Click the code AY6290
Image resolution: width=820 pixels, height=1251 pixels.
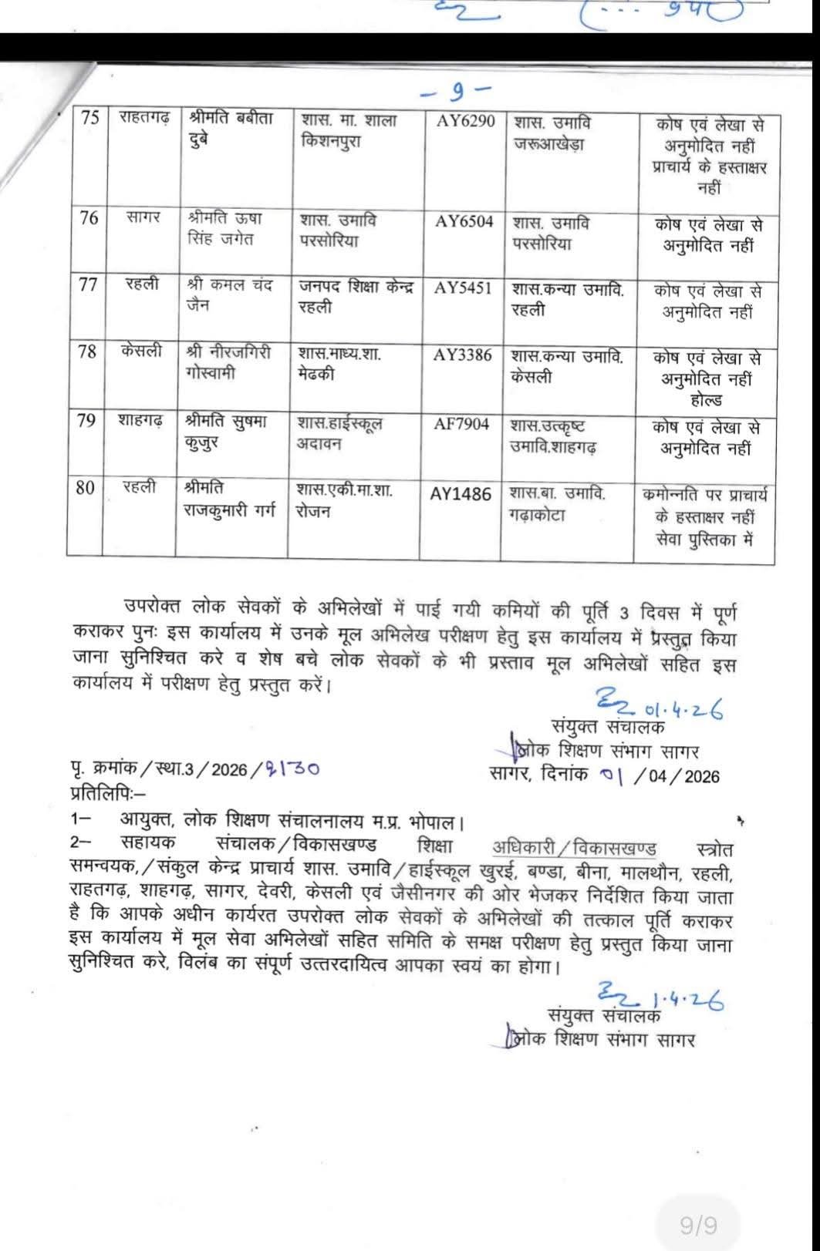[465, 121]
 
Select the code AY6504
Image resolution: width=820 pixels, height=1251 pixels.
[464, 221]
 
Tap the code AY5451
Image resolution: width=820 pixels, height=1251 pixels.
[463, 288]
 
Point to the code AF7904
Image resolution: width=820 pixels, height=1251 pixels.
[461, 423]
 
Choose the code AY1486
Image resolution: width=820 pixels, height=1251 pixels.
[461, 494]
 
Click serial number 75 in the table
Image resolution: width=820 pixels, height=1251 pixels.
[90, 117]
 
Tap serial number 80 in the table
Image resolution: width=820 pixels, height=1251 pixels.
[85, 487]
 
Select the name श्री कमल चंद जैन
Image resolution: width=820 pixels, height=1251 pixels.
[230, 294]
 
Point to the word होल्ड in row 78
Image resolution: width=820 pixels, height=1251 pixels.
[706, 399]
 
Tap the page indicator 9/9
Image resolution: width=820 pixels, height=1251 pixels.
[698, 1225]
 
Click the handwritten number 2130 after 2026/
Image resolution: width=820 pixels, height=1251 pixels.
[292, 768]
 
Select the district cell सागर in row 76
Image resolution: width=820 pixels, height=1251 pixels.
[143, 217]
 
